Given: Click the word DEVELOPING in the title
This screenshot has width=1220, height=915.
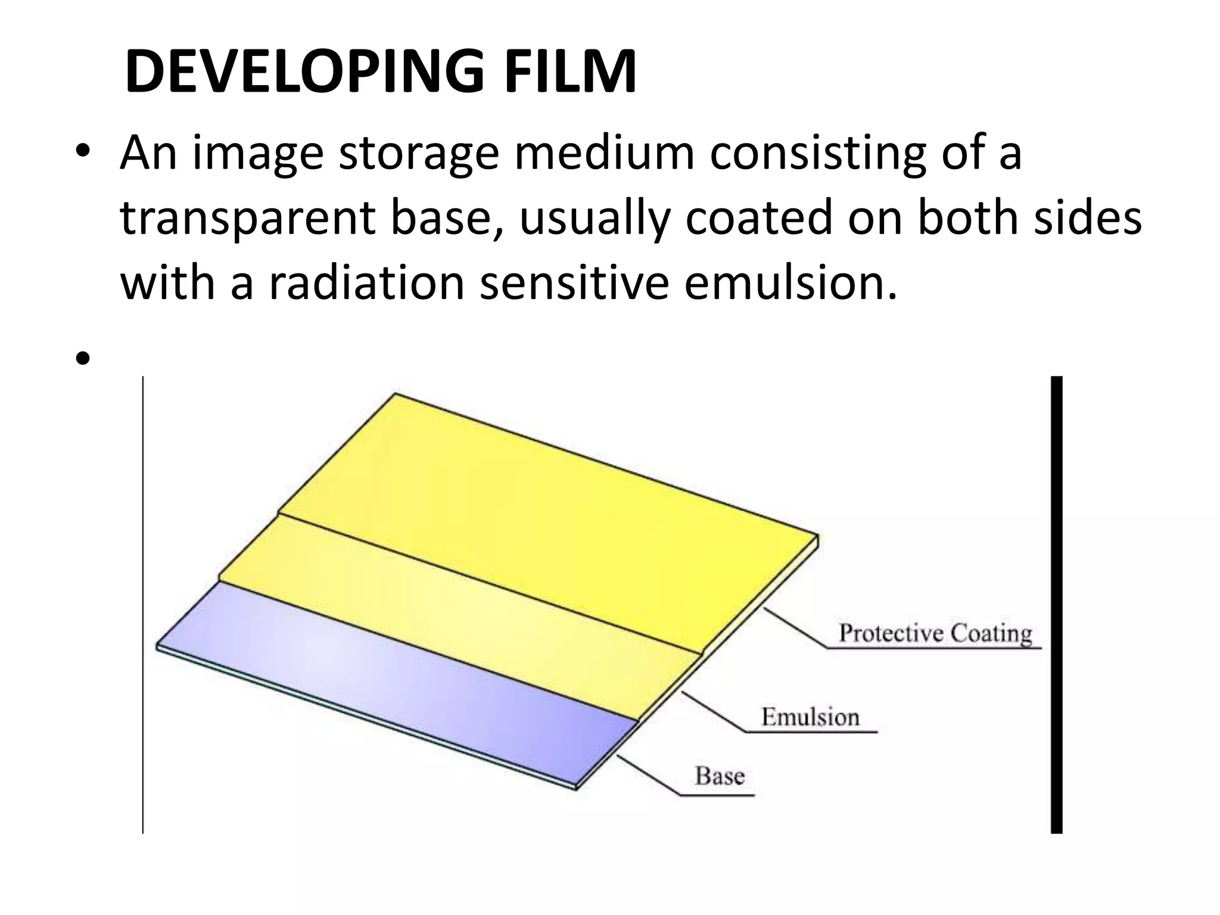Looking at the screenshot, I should coord(304,73).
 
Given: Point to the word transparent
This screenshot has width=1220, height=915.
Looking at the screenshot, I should coord(247,219).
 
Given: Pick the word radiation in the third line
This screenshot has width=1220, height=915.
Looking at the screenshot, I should coord(366,282).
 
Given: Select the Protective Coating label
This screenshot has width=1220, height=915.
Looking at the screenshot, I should coord(935,633).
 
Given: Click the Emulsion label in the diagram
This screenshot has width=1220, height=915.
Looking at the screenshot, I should coord(810,717).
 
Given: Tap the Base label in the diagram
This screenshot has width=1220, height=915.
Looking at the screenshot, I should coord(720,776).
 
